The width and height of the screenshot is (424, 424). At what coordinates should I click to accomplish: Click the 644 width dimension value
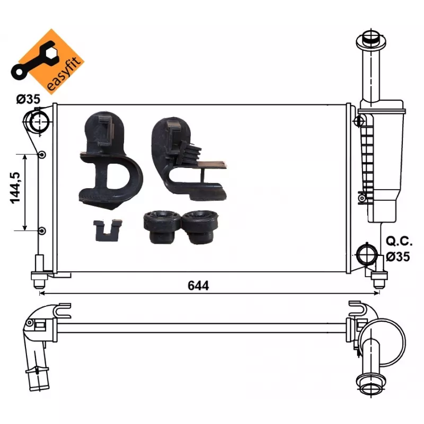(198, 286)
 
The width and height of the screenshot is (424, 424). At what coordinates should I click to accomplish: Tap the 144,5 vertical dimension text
(15, 188)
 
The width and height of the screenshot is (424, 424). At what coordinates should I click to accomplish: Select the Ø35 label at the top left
(28, 99)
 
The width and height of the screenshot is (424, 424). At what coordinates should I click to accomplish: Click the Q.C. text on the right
(399, 241)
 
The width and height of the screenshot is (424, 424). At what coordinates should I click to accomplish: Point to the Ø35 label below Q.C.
(398, 257)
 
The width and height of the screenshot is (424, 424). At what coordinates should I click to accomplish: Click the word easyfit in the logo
(64, 74)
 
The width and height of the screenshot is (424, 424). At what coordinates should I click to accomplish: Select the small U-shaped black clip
(108, 230)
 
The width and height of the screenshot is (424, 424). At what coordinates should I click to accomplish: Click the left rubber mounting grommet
(162, 227)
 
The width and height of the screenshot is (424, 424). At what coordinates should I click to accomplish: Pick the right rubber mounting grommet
(200, 227)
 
